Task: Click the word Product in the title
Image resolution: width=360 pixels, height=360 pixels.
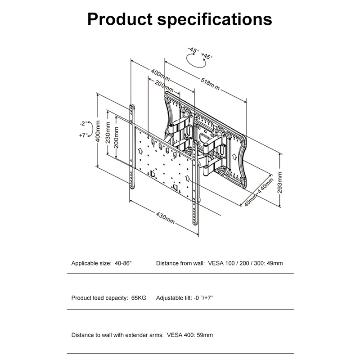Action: (x=120, y=19)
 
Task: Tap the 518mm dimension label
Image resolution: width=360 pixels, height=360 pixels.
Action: (x=210, y=84)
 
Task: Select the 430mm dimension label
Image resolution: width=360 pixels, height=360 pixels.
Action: (x=165, y=218)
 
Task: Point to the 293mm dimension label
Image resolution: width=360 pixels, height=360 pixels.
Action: (x=279, y=183)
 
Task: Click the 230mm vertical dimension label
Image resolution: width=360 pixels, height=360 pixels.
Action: (x=108, y=132)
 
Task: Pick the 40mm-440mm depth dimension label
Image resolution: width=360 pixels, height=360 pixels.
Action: (x=259, y=192)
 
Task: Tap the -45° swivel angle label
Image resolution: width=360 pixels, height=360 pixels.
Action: (x=193, y=50)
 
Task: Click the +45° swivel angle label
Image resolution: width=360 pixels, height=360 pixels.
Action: (x=207, y=56)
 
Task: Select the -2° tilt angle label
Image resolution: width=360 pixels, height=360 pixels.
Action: (x=84, y=123)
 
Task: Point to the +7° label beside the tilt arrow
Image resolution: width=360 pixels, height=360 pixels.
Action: (x=83, y=135)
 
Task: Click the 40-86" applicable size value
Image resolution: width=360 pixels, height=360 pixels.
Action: (x=123, y=263)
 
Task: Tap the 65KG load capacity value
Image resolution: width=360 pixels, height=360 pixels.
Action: (x=139, y=298)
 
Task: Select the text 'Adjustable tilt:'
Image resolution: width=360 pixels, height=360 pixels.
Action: (x=174, y=298)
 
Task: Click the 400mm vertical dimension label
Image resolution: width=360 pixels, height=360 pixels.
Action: (x=98, y=131)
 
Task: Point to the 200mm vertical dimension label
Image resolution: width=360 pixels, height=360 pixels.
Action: (x=116, y=137)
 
